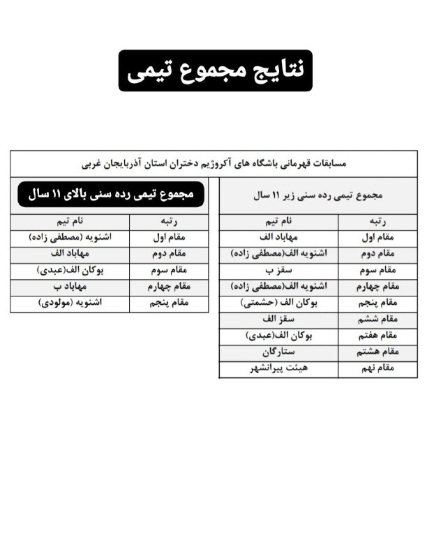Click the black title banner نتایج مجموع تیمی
click(x=215, y=70)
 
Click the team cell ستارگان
click(x=278, y=353)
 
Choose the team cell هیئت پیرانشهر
click(x=278, y=369)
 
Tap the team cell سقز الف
click(x=278, y=319)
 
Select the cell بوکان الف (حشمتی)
click(x=278, y=303)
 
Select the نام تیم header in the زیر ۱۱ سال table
click(x=278, y=221)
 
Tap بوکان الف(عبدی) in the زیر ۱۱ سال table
click(x=278, y=336)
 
